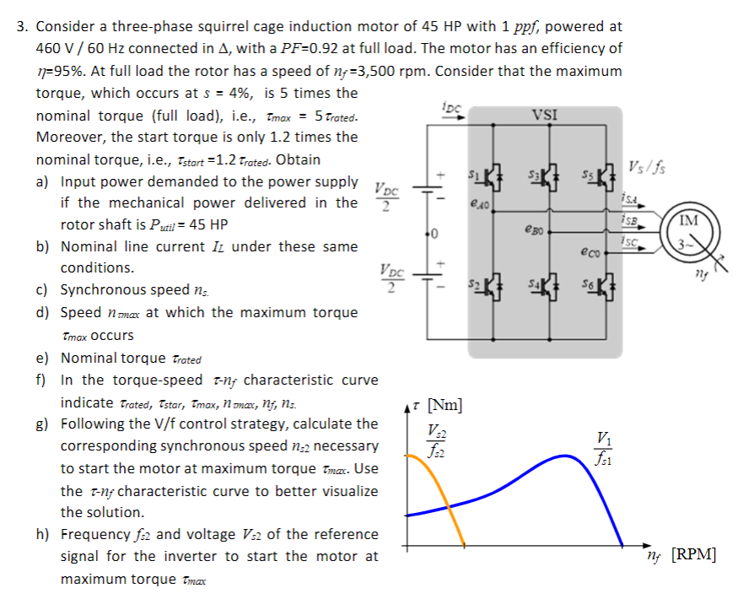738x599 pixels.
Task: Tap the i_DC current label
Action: (x=452, y=107)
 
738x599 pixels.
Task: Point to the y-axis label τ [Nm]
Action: (x=444, y=406)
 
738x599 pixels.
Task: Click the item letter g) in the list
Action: (x=42, y=424)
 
